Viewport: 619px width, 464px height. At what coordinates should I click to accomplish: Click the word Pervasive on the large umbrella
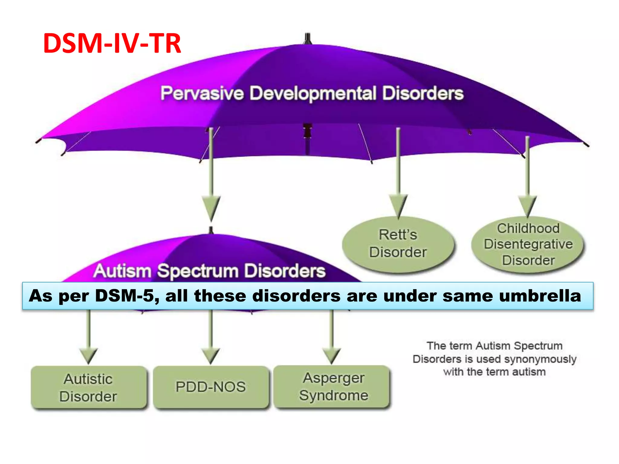(202, 93)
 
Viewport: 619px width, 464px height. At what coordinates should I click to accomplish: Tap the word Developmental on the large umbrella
(313, 93)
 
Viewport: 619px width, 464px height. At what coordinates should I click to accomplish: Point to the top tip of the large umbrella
(307, 38)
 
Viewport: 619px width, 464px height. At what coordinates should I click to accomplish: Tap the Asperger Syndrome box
(333, 387)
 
